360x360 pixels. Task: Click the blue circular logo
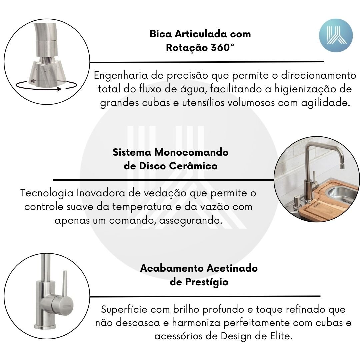[336, 35]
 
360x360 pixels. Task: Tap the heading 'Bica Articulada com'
[200, 34]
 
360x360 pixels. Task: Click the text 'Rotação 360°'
[200, 48]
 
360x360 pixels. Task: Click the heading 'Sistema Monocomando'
[170, 152]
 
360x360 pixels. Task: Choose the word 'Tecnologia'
[47, 193]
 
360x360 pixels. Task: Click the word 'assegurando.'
[191, 221]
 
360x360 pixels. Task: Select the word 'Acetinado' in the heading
[232, 268]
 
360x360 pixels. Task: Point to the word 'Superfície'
[124, 309]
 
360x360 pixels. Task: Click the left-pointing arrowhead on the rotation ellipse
[33, 81]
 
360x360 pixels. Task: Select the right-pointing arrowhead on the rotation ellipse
[59, 89]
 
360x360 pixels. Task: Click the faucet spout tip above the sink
[342, 166]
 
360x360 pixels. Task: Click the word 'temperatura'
[142, 207]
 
